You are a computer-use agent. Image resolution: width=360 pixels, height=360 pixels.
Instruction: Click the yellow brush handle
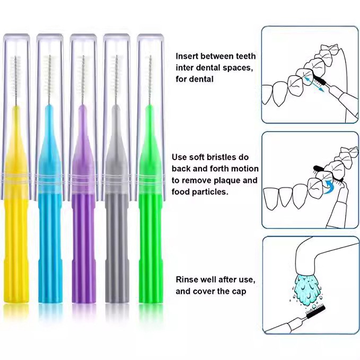coord(16,230)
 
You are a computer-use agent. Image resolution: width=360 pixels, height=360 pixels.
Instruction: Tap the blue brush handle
coord(50,230)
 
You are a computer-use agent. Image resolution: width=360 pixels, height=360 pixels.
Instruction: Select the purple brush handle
coord(84,230)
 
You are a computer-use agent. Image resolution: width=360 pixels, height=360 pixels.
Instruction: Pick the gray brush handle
coord(117,230)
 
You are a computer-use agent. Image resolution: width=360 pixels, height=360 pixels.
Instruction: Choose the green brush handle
coord(151,230)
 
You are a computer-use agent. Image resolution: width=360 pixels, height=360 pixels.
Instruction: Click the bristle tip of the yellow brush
coord(15,57)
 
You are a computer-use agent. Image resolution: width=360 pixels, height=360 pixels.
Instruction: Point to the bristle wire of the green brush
coord(150,81)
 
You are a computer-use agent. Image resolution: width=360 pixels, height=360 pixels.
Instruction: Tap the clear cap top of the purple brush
coord(84,37)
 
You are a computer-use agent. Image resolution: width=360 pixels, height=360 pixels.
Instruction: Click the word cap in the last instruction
coord(239,292)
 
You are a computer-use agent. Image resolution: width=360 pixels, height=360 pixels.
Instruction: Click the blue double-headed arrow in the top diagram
coord(314,84)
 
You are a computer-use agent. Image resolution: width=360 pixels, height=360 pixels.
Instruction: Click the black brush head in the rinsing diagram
coord(315,312)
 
